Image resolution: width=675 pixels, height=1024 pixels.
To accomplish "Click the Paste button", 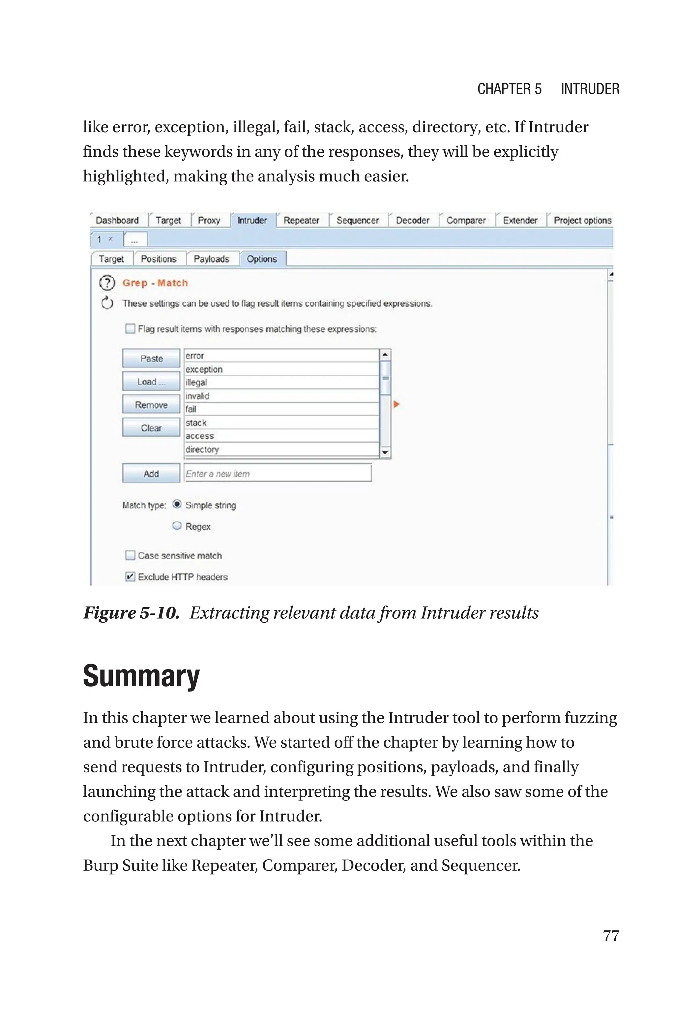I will point(151,358).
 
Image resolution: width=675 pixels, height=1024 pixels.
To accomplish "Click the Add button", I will point(151,473).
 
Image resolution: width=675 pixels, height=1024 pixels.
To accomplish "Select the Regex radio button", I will point(177,526).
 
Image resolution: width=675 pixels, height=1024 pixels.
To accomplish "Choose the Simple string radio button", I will point(177,504).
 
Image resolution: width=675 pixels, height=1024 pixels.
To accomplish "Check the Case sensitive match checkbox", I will point(130,555).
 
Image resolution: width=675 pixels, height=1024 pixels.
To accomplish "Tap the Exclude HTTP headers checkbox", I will point(130,576).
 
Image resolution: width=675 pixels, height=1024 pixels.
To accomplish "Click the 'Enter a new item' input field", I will point(278,473).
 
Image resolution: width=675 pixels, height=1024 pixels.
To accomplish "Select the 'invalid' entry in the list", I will point(281,396).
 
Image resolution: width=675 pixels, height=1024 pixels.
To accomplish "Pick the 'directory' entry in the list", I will point(281,449).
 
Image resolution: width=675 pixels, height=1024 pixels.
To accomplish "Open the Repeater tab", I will point(301,221).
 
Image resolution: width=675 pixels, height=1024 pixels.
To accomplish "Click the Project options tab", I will point(582,221).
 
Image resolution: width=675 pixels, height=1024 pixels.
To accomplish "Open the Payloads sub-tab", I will point(211,259).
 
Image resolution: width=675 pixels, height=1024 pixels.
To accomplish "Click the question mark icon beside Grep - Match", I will point(107,283).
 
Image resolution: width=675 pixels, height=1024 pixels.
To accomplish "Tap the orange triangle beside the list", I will point(396,404).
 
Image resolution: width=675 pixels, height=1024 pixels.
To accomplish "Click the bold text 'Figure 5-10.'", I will point(131,613).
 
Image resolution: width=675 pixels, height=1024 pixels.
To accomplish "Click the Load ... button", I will point(151,382).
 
